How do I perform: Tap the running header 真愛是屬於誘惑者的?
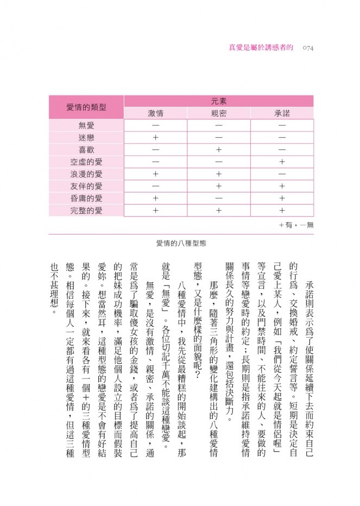[261, 48]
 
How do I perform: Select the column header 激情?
[156, 113]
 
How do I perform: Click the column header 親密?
[219, 113]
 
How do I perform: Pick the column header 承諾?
[282, 113]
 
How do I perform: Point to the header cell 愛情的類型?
[86, 107]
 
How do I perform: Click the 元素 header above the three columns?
[219, 101]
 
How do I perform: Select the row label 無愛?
[86, 125]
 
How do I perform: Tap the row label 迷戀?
[86, 138]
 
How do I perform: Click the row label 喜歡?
[86, 150]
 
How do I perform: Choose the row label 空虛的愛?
[86, 162]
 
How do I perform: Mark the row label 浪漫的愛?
[86, 174]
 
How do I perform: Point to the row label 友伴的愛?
[86, 186]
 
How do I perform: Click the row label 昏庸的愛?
[86, 198]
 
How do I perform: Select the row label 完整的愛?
[86, 211]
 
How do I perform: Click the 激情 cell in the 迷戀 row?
[156, 138]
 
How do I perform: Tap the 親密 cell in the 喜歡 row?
[219, 150]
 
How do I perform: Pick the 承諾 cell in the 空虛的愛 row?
[282, 162]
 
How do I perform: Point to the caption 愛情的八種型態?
[180, 244]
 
